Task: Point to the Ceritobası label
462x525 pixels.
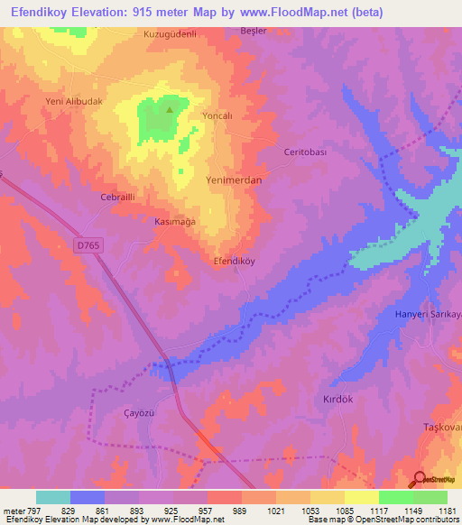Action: tap(305, 152)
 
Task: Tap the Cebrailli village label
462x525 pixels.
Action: tap(117, 197)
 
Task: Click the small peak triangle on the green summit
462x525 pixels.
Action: tap(170, 111)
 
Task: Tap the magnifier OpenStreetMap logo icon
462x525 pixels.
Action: tap(418, 480)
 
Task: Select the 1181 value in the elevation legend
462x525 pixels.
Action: tap(446, 510)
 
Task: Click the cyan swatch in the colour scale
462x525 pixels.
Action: tap(53, 497)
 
